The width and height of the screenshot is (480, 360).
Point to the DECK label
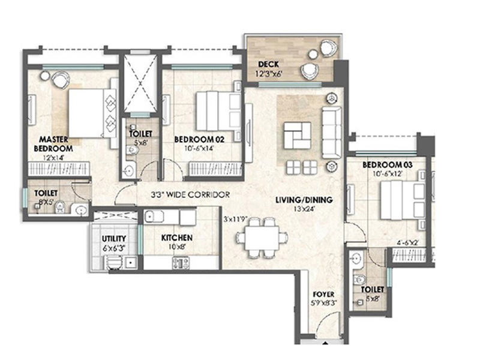tap(267, 64)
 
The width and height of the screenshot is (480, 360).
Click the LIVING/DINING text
tap(305, 200)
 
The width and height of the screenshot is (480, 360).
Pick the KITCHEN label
tap(177, 238)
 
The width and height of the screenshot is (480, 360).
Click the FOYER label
tap(323, 295)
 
